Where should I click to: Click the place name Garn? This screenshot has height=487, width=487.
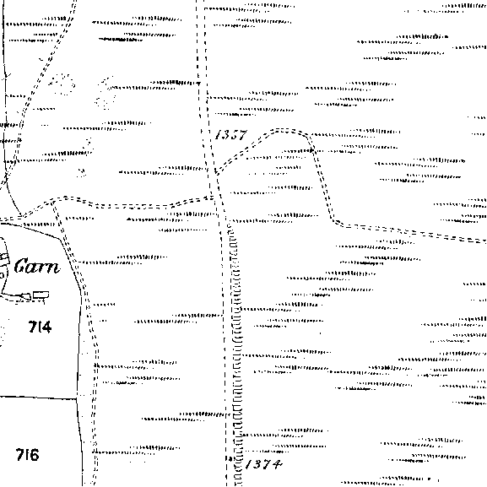point(37,266)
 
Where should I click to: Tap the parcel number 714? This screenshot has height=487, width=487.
point(40,327)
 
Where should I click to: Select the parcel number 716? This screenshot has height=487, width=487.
point(28,455)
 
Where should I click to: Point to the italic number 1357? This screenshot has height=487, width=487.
point(231,135)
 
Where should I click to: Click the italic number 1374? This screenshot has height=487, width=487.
point(264,464)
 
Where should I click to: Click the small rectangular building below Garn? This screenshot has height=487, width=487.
point(41,295)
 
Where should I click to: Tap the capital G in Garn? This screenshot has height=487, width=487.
point(21,266)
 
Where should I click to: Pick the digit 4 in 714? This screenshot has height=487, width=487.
point(46,327)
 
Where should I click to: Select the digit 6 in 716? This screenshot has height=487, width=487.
point(34,455)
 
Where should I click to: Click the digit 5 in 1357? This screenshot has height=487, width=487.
point(232,135)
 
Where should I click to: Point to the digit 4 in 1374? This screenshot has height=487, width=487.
point(277,465)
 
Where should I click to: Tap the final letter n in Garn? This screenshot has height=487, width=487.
point(53,268)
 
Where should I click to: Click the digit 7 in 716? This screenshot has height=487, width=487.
point(20,455)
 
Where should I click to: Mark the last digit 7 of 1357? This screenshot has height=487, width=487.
point(242,135)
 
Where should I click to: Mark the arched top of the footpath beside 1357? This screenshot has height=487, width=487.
point(286,130)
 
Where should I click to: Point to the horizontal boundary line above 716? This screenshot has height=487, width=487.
point(38,398)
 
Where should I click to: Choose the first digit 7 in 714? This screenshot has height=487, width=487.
point(32,327)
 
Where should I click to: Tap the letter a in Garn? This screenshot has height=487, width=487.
point(33,268)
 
